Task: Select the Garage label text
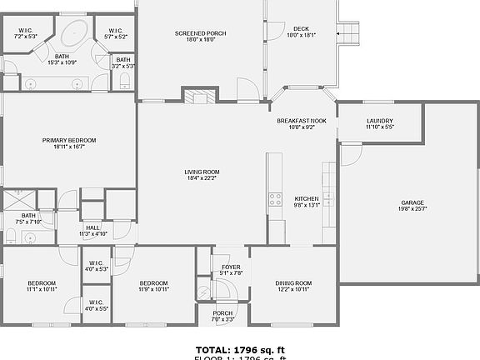pos(412,202)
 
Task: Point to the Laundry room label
pos(379,122)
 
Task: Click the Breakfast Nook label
pos(302,121)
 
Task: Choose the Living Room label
pos(202,172)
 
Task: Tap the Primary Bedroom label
pos(69,140)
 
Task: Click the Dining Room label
pos(293,283)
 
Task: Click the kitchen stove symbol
pos(274,199)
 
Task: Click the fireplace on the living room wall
pos(198,97)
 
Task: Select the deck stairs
pos(349,33)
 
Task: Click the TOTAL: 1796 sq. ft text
pos(240,349)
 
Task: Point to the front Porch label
pos(223,313)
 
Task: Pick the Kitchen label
pos(307,198)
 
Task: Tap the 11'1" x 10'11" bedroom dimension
pos(41,289)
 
